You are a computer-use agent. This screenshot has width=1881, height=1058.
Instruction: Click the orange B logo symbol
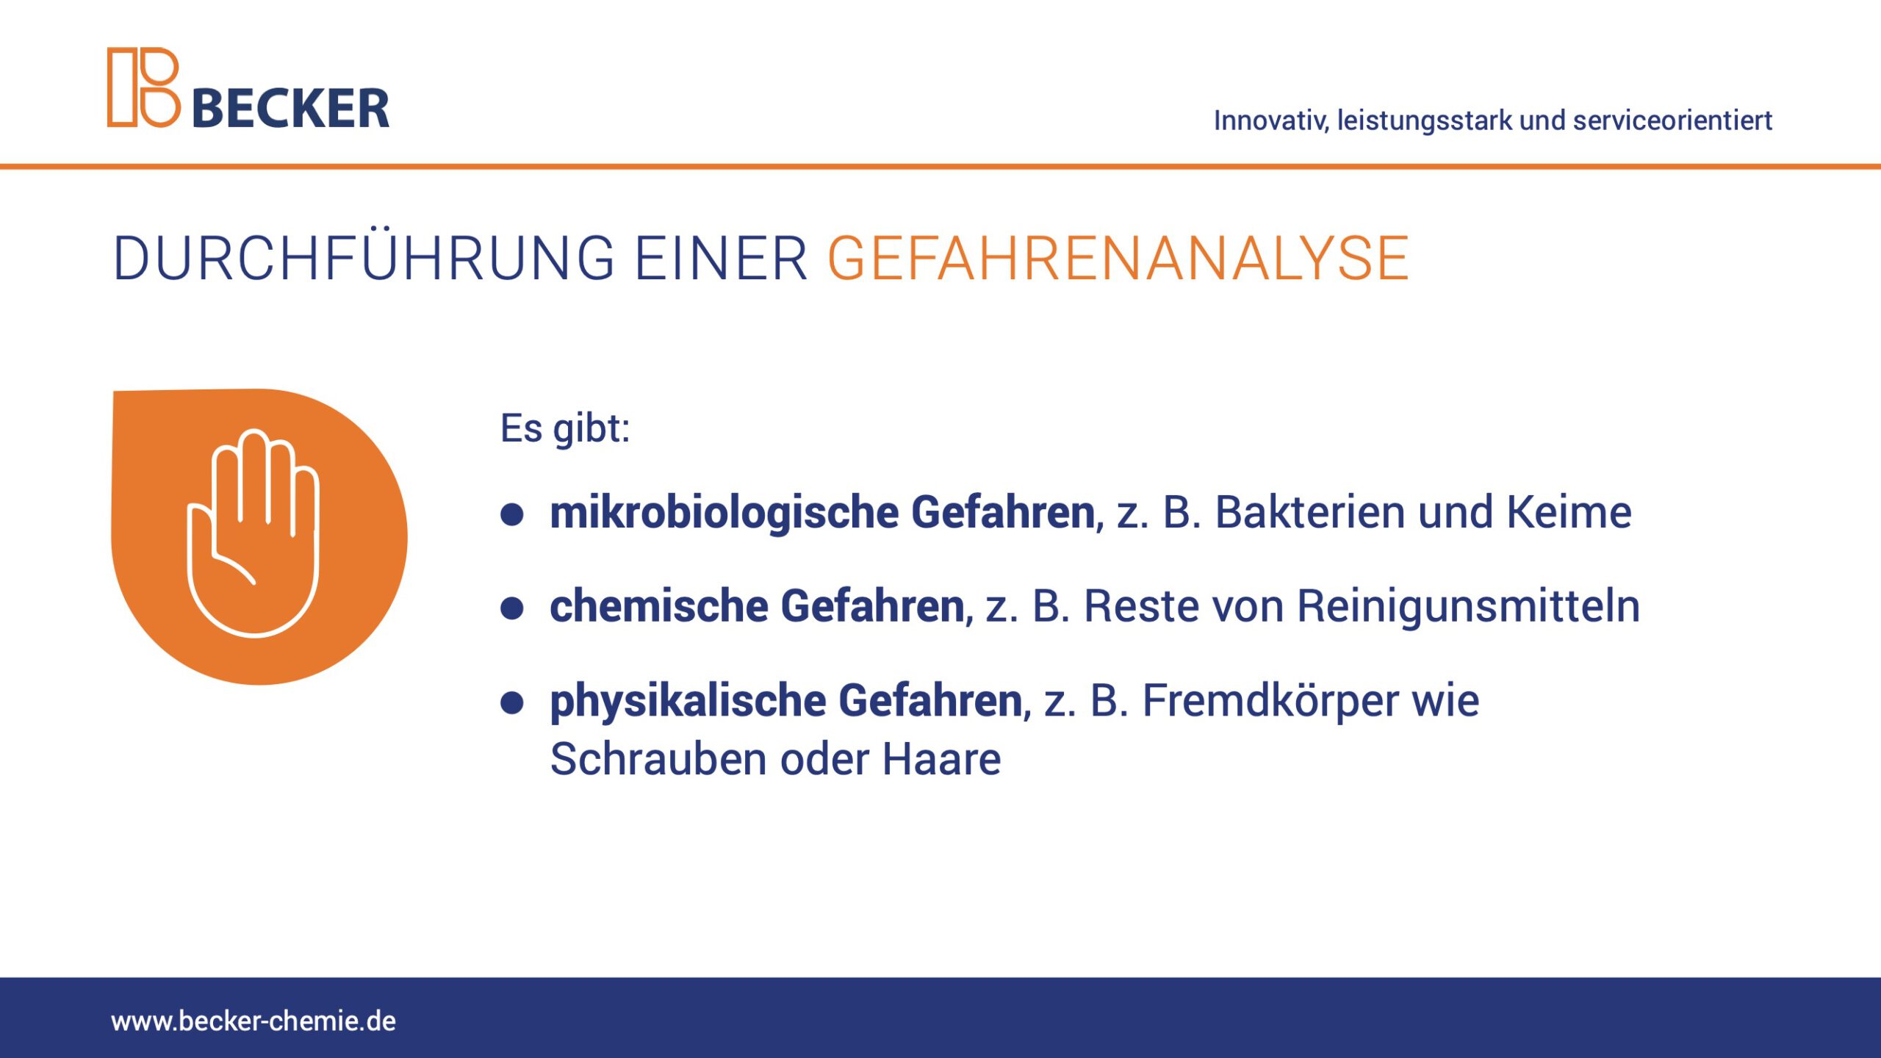144,87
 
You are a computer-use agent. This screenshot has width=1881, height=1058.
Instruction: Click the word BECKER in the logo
291,109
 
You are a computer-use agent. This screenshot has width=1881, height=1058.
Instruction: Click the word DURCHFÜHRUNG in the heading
364,258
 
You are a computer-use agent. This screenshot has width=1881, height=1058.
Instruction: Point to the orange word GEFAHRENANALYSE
1118,259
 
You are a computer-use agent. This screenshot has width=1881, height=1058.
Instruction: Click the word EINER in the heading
721,259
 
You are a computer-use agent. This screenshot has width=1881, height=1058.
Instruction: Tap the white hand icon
253,533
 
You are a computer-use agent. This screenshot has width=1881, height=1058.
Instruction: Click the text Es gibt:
565,428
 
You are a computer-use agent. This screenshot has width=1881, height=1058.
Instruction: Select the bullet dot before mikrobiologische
511,514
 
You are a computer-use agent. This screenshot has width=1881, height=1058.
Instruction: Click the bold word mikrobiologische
724,512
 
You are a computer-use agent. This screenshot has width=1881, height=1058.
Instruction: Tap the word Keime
1569,511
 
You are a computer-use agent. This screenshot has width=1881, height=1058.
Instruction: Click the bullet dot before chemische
511,608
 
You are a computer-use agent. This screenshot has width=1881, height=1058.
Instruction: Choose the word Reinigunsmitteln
1468,607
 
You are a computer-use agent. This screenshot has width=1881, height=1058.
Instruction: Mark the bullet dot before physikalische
511,702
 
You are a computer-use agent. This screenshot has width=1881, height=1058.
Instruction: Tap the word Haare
941,759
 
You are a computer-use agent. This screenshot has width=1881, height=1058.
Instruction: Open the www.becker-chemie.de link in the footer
253,1021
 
